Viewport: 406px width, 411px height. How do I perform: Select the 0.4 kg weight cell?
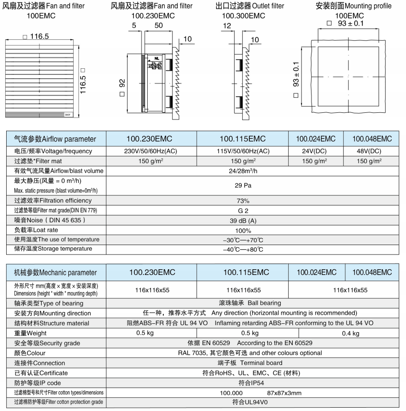pyautogui.click(x=350, y=333)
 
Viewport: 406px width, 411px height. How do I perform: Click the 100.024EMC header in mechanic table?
pyautogui.click(x=316, y=272)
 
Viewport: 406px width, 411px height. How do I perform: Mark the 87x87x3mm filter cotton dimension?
pyautogui.click(x=284, y=393)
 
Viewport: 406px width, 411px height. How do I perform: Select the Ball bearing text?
pyautogui.click(x=264, y=303)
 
